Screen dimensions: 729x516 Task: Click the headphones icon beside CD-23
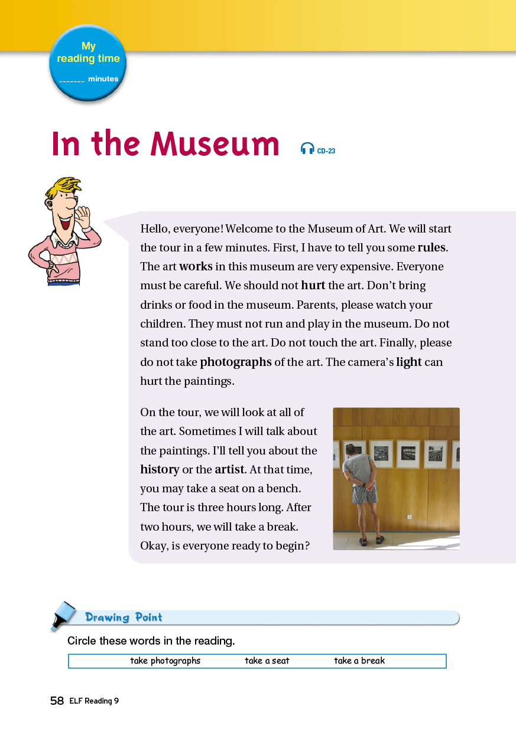pos(307,149)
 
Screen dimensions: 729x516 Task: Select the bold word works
pos(196,266)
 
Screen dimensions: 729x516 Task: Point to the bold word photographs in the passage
pos(236,362)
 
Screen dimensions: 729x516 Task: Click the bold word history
pos(160,469)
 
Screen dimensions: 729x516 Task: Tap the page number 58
pos(57,701)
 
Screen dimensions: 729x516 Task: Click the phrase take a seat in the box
pos(267,661)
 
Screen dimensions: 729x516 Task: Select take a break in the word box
pos(359,661)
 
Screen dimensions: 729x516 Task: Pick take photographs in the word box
pos(165,661)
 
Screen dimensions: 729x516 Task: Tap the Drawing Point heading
pos(124,617)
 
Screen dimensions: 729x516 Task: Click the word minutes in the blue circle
pos(103,79)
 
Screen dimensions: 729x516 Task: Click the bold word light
pos(409,362)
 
